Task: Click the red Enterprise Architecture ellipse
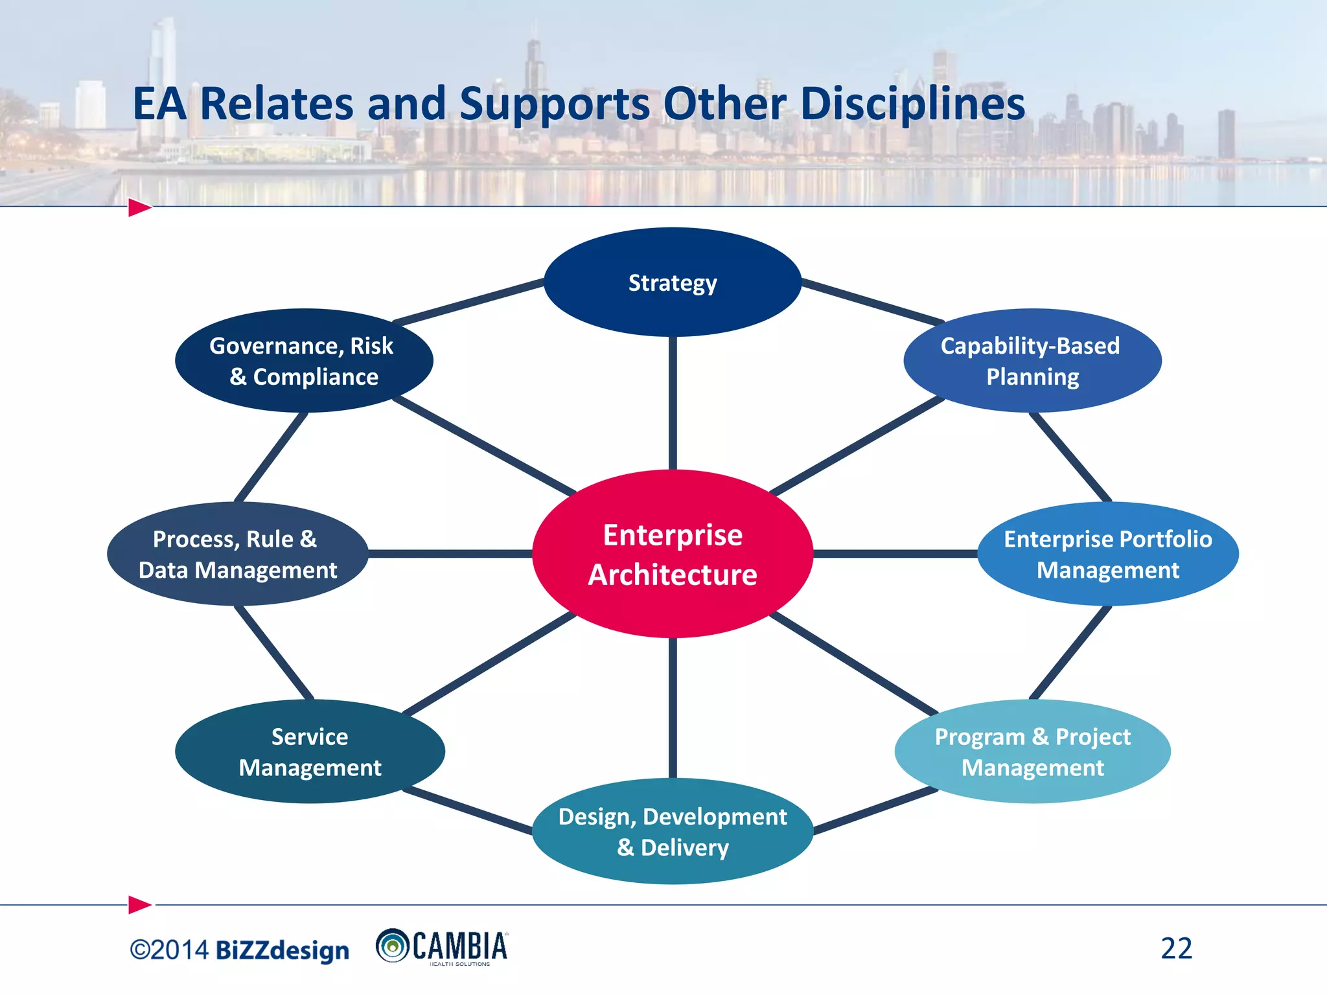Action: coord(673,554)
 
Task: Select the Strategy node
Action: coord(673,282)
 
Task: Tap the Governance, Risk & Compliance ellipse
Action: coord(303,361)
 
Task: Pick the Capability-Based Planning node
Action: coord(1032,361)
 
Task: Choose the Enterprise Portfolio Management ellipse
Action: coord(1108,554)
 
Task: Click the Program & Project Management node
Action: coord(1032,751)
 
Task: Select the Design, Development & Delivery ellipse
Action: coord(673,831)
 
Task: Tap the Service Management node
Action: coord(310,751)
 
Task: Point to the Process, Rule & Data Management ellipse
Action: coord(238,554)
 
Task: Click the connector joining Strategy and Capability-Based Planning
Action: coord(872,302)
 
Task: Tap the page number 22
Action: coord(1176,948)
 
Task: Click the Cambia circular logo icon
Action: coord(392,946)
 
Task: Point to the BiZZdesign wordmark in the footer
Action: coord(282,950)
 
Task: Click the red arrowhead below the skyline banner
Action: coord(139,208)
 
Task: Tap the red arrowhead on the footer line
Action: coord(139,904)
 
